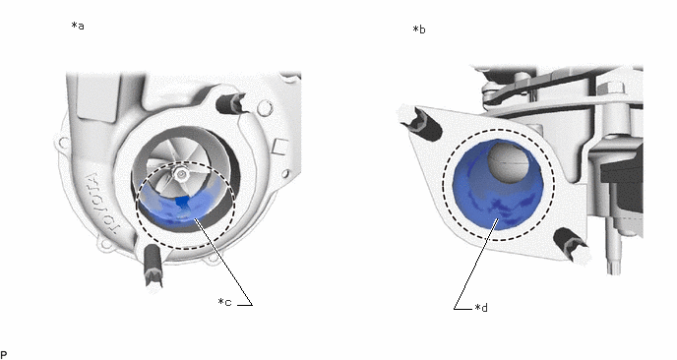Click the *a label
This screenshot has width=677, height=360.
pyautogui.click(x=78, y=26)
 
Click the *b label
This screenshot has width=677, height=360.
pyautogui.click(x=419, y=30)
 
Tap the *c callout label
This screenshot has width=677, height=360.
pyautogui.click(x=225, y=302)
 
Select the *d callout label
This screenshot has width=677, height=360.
pyautogui.click(x=481, y=308)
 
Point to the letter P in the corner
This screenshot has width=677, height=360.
pyautogui.click(x=4, y=355)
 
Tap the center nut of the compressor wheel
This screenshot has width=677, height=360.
pyautogui.click(x=180, y=174)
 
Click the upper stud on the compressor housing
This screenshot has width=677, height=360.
pyautogui.click(x=231, y=103)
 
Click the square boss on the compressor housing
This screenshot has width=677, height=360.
pyautogui.click(x=280, y=146)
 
